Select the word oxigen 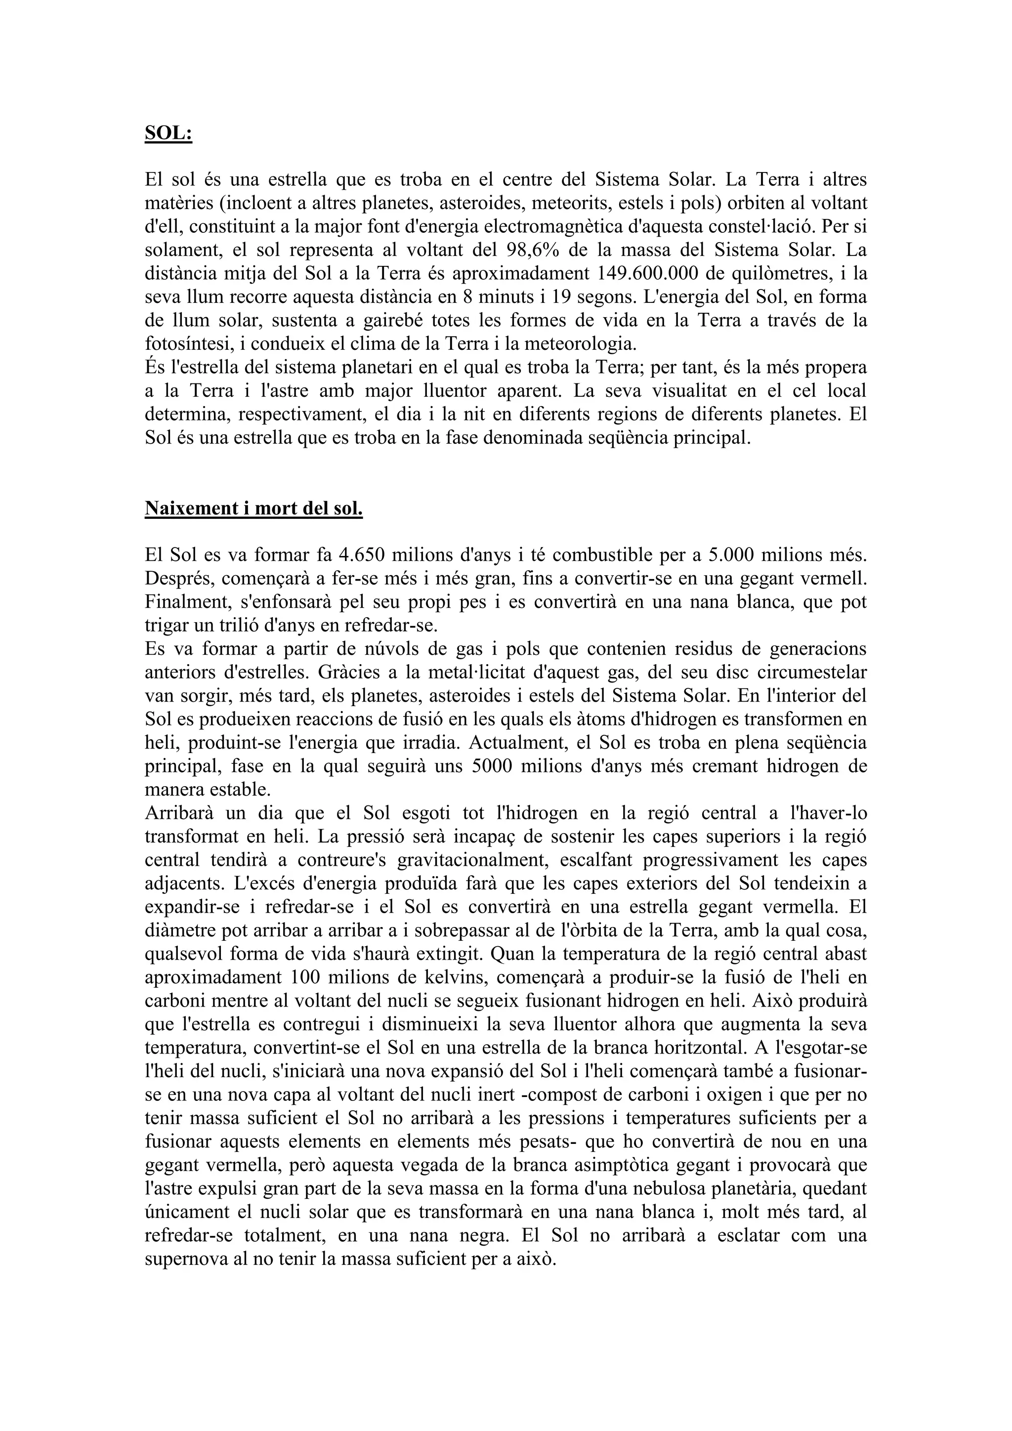click(x=721, y=1094)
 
